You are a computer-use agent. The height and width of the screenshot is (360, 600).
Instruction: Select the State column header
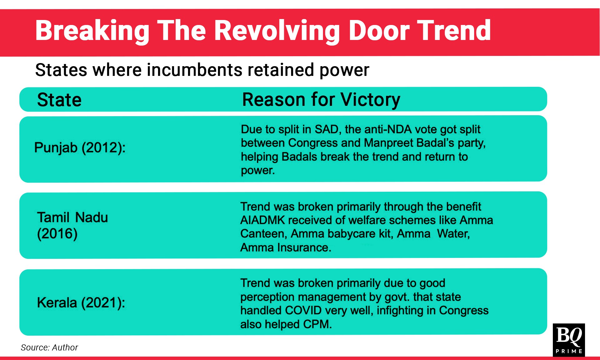click(59, 100)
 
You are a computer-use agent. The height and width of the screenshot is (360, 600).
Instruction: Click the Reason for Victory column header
click(321, 100)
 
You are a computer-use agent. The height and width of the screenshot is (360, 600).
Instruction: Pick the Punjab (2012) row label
click(80, 147)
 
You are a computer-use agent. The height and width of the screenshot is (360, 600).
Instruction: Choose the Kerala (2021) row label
click(81, 303)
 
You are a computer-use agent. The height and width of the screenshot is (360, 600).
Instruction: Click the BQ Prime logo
click(569, 340)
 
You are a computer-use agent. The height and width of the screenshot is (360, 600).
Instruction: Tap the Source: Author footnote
click(49, 348)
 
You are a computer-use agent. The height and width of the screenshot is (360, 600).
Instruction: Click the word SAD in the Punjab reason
click(327, 129)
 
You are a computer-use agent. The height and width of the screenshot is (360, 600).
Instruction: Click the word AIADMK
click(263, 220)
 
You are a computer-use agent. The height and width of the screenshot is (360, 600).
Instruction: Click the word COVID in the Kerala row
click(303, 310)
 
